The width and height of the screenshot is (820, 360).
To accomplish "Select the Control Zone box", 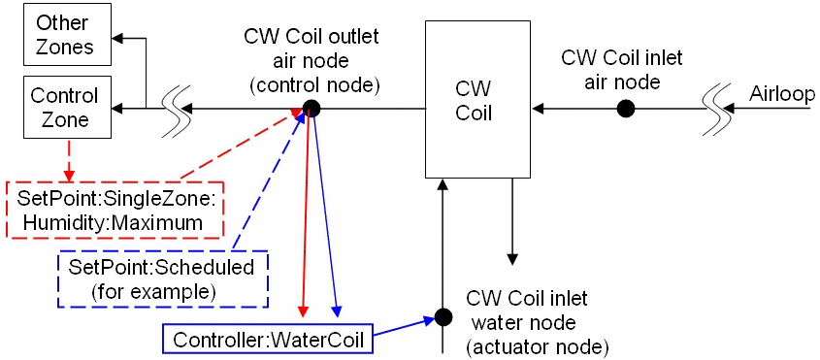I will [x=60, y=108].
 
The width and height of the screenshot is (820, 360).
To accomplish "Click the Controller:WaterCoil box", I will [x=267, y=340].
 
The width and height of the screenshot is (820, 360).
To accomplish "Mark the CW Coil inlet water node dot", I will [x=443, y=316].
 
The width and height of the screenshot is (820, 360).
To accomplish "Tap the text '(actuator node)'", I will [x=537, y=345].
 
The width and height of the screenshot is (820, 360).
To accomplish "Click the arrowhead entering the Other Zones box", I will [x=115, y=40].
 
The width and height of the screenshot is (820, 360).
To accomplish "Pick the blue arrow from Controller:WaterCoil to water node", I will [x=403, y=327].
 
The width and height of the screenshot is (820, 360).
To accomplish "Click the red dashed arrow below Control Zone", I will [x=68, y=159].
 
